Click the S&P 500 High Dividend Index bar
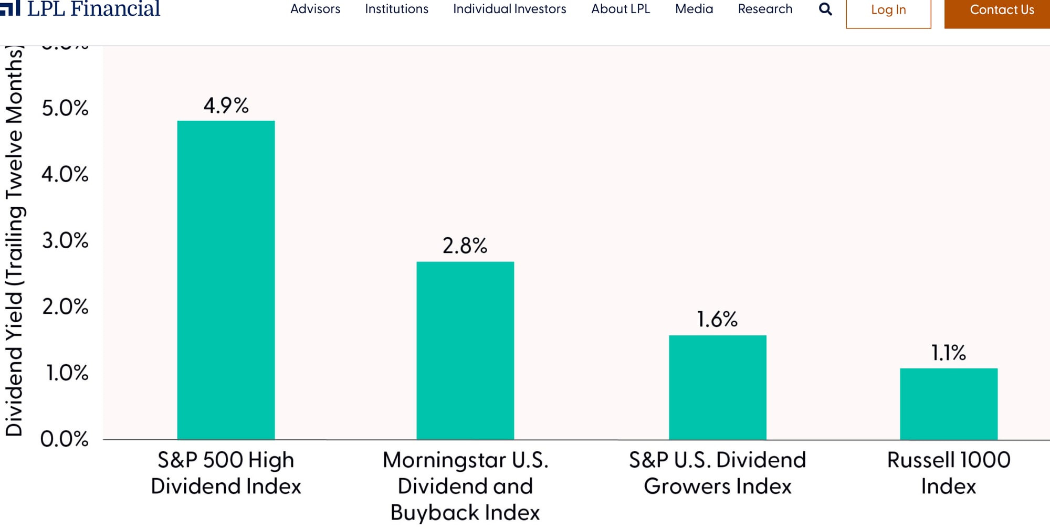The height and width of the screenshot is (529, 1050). click(x=226, y=280)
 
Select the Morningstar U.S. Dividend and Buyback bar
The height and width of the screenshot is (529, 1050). click(x=465, y=350)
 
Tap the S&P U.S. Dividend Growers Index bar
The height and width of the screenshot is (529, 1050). click(x=717, y=387)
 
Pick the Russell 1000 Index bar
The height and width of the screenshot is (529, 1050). click(x=948, y=404)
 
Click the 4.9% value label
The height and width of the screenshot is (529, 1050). click(x=226, y=105)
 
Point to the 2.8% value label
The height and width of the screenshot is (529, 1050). click(x=465, y=246)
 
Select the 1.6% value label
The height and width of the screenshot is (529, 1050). click(x=717, y=319)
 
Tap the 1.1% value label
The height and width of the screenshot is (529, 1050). click(x=948, y=353)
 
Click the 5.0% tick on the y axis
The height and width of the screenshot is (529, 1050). click(x=65, y=108)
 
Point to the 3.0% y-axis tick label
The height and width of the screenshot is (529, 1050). click(x=65, y=241)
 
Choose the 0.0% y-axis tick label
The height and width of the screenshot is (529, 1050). click(x=64, y=439)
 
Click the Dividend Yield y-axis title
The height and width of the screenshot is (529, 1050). click(x=14, y=241)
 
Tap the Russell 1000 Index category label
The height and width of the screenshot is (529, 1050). click(x=948, y=473)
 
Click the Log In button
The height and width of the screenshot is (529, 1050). click(x=888, y=10)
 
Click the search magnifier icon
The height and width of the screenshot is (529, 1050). click(x=825, y=9)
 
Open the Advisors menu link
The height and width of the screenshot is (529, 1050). click(x=315, y=9)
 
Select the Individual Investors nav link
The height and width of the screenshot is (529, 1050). click(x=509, y=9)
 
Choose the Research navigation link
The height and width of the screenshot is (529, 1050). click(x=765, y=9)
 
